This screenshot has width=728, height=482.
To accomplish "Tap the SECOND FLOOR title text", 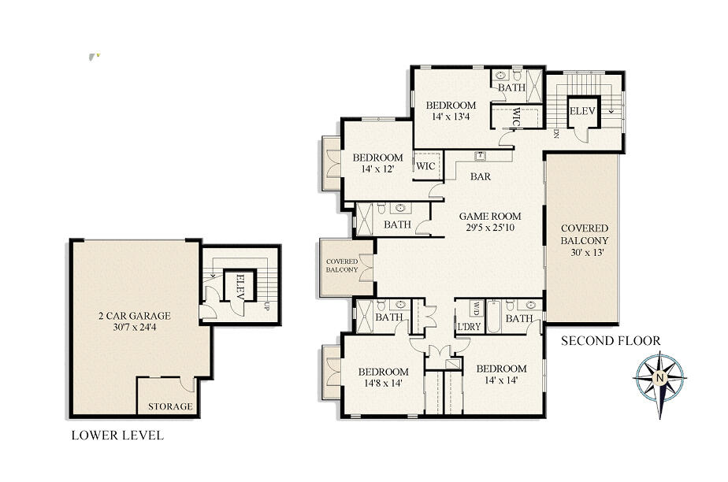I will click(x=611, y=341).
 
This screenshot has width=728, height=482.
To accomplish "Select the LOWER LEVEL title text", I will click(x=117, y=435).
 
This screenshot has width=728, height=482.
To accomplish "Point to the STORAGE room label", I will click(x=170, y=406).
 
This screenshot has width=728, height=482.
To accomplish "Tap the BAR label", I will click(x=481, y=176).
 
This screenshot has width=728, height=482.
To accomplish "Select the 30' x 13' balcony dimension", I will click(x=584, y=254).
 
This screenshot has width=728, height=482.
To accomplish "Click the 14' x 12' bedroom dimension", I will click(x=377, y=169).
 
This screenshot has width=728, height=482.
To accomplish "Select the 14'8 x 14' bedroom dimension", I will click(x=383, y=384).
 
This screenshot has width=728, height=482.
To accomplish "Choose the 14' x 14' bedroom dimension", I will click(x=501, y=380).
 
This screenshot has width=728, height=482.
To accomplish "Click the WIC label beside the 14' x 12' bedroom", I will click(x=425, y=166).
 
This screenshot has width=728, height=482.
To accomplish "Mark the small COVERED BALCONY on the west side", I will click(x=343, y=265).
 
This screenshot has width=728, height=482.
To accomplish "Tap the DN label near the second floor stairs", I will click(x=556, y=134).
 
